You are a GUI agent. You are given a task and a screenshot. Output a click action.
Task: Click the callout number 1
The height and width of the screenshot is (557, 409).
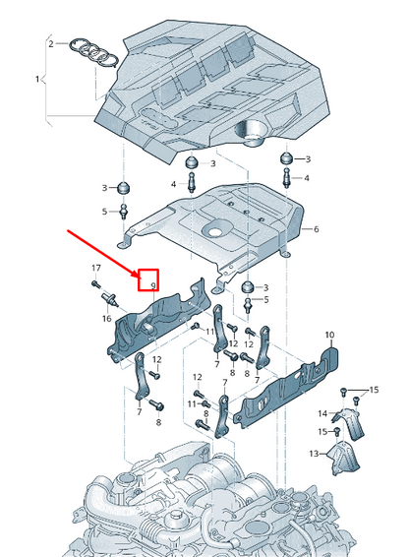point(37,78)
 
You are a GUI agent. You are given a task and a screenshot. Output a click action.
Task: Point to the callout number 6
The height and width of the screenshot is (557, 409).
point(316,229)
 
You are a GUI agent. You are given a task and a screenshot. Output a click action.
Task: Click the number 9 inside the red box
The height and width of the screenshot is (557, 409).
point(153,284)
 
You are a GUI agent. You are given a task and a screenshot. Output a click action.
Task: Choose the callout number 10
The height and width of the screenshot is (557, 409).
point(328,336)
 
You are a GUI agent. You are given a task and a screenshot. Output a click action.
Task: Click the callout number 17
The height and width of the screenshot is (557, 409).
point(96,269)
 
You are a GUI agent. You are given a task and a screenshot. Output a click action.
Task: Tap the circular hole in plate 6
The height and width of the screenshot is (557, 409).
point(214,231)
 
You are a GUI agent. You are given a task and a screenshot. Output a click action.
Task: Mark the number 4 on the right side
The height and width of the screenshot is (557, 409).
point(306,178)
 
